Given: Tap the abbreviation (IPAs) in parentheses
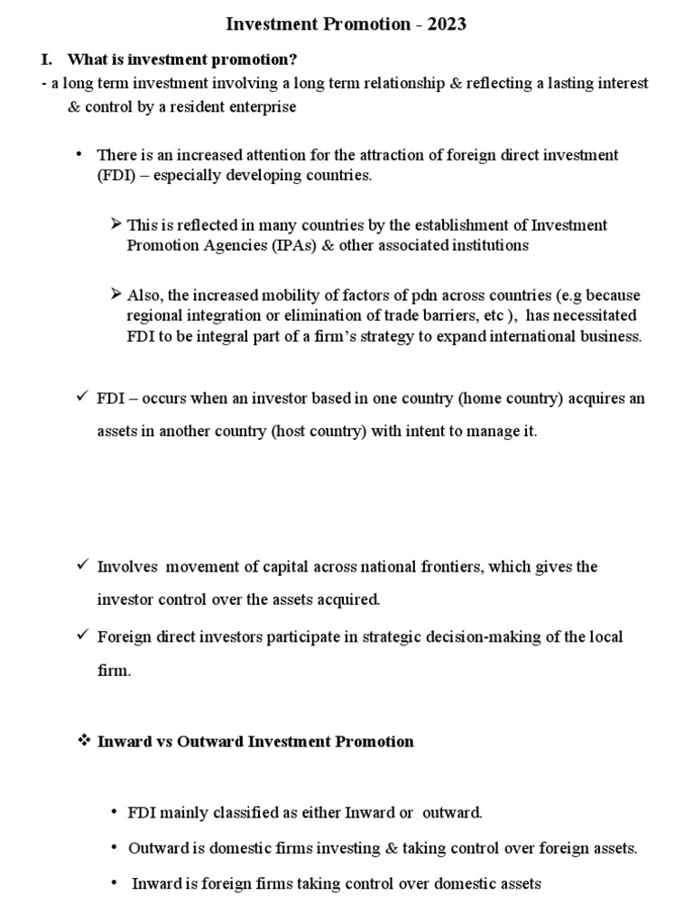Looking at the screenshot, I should coord(269,244).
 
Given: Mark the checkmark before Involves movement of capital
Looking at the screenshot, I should coord(82,566).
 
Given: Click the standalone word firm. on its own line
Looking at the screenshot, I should coord(114,671).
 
